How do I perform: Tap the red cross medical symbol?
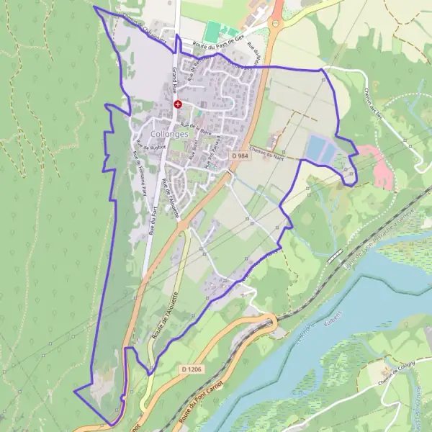point(177,104)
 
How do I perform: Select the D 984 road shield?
point(240,156)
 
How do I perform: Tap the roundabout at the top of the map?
point(275,24)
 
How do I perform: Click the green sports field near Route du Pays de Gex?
point(212,31)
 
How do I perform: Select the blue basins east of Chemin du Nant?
point(320,150)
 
